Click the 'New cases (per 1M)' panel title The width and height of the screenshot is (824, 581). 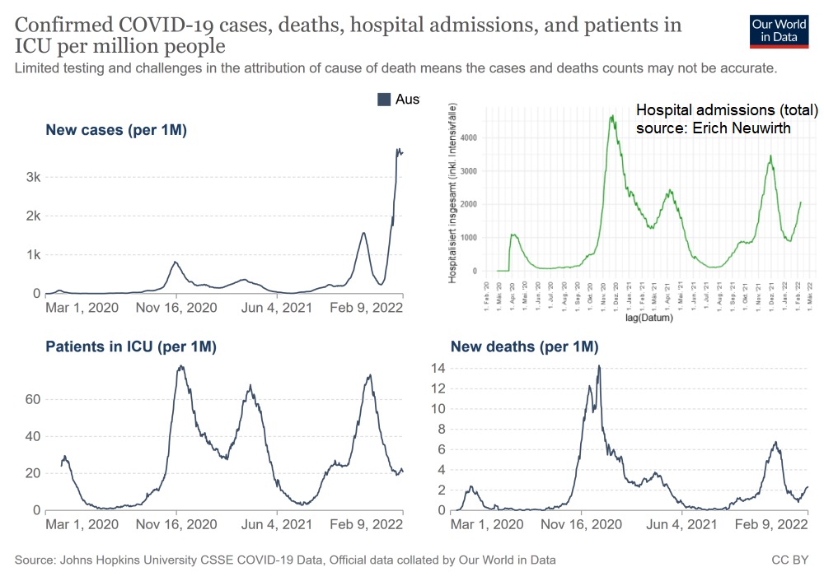[116, 130]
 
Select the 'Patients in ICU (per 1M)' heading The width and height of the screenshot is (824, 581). [131, 346]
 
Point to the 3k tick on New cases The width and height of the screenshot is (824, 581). [32, 177]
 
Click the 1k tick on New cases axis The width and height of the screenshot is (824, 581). [32, 254]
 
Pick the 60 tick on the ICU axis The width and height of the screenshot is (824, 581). [30, 399]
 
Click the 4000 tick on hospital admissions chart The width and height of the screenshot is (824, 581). [469, 137]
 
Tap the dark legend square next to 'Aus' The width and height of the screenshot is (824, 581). [383, 100]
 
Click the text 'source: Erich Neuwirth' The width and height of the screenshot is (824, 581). [714, 128]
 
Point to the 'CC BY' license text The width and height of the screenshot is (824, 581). [791, 560]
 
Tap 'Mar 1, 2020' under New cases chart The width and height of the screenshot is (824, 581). [82, 308]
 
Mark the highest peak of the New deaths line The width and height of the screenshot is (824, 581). [599, 365]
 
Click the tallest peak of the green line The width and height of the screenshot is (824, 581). [612, 116]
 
